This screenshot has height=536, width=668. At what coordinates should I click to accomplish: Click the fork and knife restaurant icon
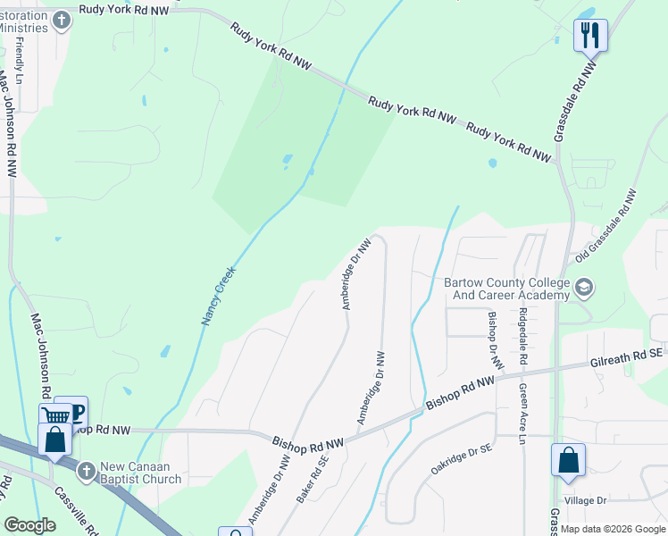pyautogui.click(x=590, y=35)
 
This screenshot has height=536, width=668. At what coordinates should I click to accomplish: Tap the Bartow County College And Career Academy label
pyautogui.click(x=506, y=289)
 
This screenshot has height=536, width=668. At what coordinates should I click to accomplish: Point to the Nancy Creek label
pyautogui.click(x=218, y=296)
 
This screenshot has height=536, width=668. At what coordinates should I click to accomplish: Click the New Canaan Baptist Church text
pyautogui.click(x=141, y=473)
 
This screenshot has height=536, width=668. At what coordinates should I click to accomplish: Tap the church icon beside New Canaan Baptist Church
pyautogui.click(x=86, y=470)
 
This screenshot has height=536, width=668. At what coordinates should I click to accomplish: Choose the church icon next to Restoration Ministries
pyautogui.click(x=62, y=20)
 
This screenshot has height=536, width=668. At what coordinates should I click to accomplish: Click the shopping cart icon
pyautogui.click(x=55, y=415)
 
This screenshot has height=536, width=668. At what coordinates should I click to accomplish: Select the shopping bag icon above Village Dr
pyautogui.click(x=568, y=461)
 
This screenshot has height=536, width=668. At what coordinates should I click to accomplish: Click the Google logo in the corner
pyautogui.click(x=30, y=525)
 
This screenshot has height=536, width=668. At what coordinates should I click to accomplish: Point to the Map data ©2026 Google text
pyautogui.click(x=613, y=529)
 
